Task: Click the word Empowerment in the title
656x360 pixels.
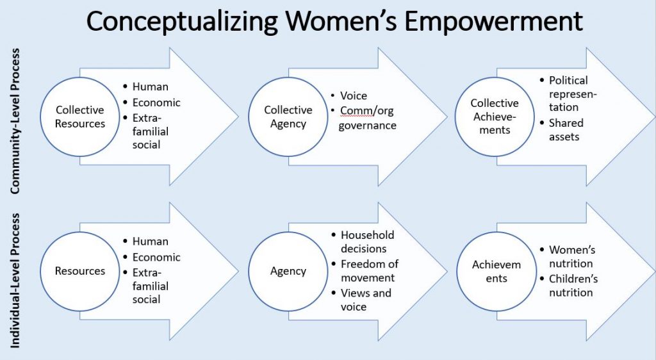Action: coord(493,21)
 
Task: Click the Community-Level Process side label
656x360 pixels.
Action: coord(15,121)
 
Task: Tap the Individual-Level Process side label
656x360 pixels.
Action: coord(15,281)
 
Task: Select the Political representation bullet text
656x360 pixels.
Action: coord(572,94)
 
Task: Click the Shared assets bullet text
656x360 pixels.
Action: coord(566,129)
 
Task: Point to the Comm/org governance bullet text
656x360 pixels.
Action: coord(367,118)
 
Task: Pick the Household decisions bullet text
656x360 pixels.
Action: coord(367,241)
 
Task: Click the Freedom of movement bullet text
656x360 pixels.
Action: coord(370,271)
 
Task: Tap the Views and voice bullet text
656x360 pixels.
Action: coord(366,300)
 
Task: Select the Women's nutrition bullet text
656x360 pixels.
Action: coord(572,256)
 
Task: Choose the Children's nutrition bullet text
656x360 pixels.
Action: coord(573,286)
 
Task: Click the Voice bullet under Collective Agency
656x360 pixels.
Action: coord(354,95)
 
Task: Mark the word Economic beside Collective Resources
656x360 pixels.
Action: coord(156,102)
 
